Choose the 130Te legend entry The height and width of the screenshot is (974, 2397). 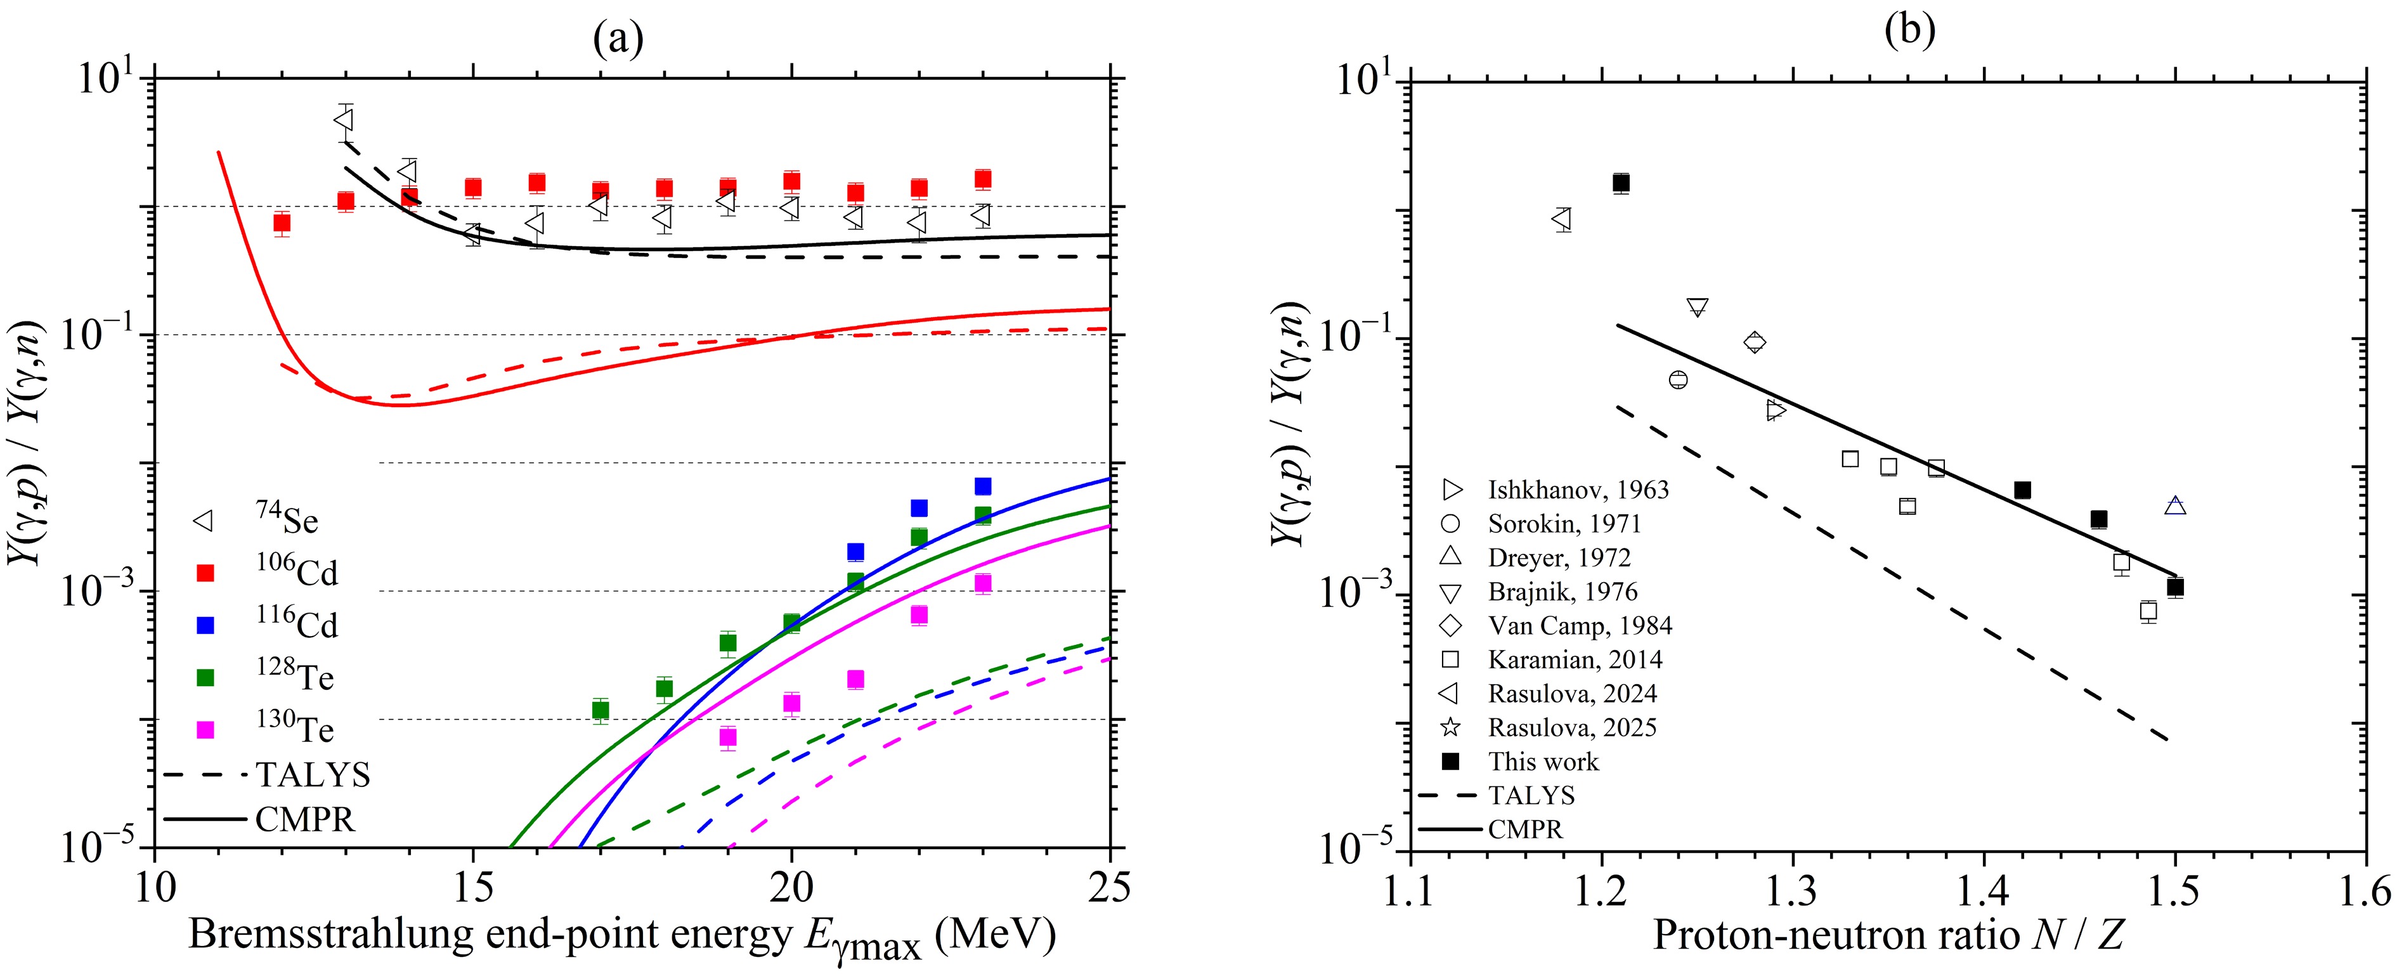click(270, 729)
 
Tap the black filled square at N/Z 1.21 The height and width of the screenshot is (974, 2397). click(1621, 183)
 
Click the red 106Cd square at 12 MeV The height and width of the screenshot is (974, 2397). click(282, 223)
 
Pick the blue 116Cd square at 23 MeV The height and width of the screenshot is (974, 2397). click(983, 486)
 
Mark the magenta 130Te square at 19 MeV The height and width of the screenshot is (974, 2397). click(728, 737)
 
